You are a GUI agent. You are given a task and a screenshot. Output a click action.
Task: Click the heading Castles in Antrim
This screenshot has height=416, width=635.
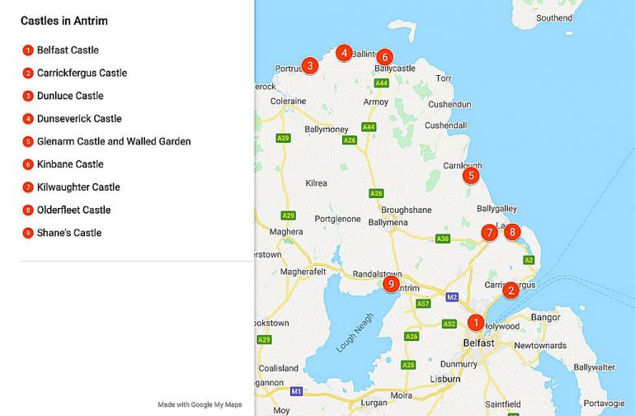point(64,21)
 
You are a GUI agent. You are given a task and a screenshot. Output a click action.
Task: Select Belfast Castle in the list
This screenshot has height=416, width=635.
point(68,50)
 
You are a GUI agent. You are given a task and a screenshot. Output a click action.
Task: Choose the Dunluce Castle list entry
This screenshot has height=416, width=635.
point(70,96)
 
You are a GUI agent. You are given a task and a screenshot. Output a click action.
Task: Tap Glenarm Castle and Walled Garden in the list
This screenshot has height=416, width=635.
point(114,141)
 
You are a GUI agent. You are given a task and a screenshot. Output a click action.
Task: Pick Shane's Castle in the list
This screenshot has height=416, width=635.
point(69,233)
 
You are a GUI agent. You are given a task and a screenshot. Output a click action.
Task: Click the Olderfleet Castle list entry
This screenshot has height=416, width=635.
point(73,210)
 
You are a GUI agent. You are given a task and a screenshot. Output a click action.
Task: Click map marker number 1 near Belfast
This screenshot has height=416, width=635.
point(476,323)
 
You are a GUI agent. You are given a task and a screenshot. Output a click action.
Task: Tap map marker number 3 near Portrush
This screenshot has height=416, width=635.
point(310,65)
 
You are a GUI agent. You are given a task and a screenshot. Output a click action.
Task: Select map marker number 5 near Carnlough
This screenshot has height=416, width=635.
point(470,175)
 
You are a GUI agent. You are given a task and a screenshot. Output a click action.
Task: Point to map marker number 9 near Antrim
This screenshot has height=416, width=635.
point(392,284)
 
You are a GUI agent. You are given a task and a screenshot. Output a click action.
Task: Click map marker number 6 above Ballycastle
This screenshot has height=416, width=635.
point(384,57)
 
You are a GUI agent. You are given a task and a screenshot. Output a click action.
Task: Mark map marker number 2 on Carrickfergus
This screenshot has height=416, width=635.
point(510,290)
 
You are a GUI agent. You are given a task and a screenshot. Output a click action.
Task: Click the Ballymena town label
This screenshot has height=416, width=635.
point(388,223)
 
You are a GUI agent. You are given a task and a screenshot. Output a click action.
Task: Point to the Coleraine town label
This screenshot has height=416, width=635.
point(289,102)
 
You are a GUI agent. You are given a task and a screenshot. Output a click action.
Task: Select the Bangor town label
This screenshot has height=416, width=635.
point(546,317)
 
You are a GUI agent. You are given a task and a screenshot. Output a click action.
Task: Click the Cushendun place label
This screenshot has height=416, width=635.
point(449,104)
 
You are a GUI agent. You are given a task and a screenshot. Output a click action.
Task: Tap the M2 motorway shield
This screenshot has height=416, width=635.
point(451,297)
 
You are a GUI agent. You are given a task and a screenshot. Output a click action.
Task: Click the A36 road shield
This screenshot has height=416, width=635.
point(442,239)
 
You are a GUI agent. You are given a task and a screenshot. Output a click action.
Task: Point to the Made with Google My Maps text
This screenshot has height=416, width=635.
point(200,404)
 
